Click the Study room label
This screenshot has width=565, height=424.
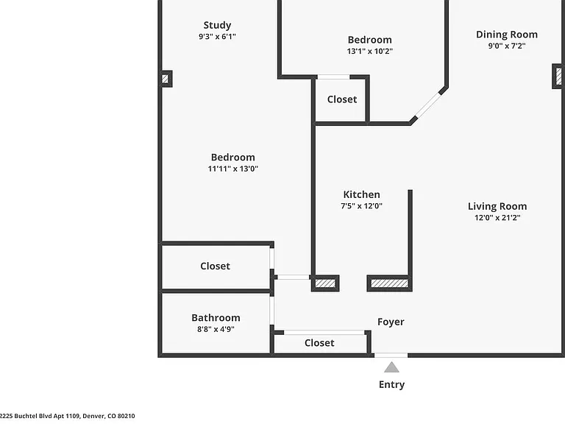pos(217,25)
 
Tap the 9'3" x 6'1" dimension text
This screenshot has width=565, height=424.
pos(217,36)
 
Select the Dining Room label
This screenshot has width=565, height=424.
pos(507,35)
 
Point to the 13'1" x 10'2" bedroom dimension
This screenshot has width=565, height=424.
pos(370,52)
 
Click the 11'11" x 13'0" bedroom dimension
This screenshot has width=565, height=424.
pos(232,169)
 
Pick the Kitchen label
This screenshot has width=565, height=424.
pos(361,194)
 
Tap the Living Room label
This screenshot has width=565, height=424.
pos(497,206)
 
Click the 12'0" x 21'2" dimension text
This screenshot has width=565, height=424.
pos(497,217)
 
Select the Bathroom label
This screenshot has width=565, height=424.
pos(216,318)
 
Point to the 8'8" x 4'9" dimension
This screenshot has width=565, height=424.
pos(216,329)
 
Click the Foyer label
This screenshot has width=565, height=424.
pos(391,322)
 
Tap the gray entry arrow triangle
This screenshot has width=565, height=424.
pos(391,367)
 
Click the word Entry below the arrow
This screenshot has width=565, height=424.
pos(391,385)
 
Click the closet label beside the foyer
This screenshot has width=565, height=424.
pos(319,342)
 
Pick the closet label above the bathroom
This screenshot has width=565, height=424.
pos(215,266)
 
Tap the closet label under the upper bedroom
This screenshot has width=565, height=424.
pos(342,99)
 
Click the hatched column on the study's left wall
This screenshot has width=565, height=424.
pos(166,79)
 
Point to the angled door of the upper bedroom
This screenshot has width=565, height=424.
pos(428,105)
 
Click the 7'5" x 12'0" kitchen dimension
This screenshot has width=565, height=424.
pos(361,206)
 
